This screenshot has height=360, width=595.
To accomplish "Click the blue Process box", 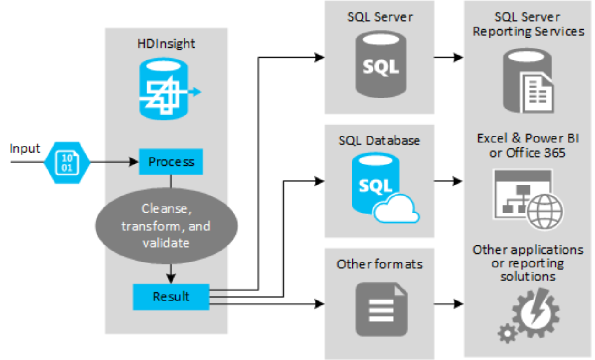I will pos(171,162).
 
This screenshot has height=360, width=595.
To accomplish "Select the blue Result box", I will pos(171,296).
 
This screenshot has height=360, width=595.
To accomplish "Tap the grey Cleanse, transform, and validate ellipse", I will pos(166,226).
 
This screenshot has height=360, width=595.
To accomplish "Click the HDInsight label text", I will pos(166,44).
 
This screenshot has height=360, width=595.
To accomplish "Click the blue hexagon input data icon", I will pos(67,162).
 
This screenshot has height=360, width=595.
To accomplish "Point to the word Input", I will pos(25,149).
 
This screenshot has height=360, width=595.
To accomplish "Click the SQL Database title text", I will pos(379,140).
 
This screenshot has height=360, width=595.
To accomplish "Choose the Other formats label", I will pos(379,264).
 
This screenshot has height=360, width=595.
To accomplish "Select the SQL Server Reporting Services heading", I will pos(528,24).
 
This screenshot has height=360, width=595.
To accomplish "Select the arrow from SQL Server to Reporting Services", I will pos(449,58).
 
